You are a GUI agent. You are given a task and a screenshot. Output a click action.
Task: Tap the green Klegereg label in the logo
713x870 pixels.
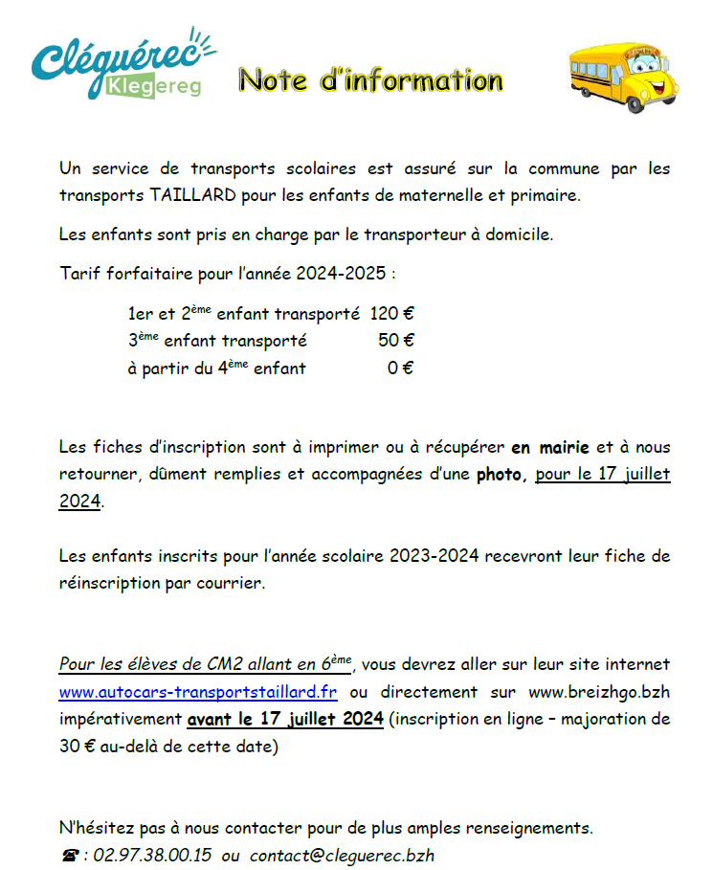point(153,87)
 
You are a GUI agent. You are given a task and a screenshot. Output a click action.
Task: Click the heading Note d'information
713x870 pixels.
point(370,80)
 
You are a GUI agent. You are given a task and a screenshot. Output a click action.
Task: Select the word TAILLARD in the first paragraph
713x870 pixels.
point(189,195)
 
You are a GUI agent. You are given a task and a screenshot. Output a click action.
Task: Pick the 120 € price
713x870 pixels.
point(391,313)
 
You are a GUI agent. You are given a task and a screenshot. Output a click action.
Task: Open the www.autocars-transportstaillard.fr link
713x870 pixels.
point(198,691)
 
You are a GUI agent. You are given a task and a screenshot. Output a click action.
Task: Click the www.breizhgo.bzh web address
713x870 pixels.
point(599,691)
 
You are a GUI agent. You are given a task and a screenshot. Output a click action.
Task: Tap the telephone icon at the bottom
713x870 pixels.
point(69,856)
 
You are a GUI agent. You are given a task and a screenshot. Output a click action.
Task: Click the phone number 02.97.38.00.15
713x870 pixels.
point(150,855)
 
